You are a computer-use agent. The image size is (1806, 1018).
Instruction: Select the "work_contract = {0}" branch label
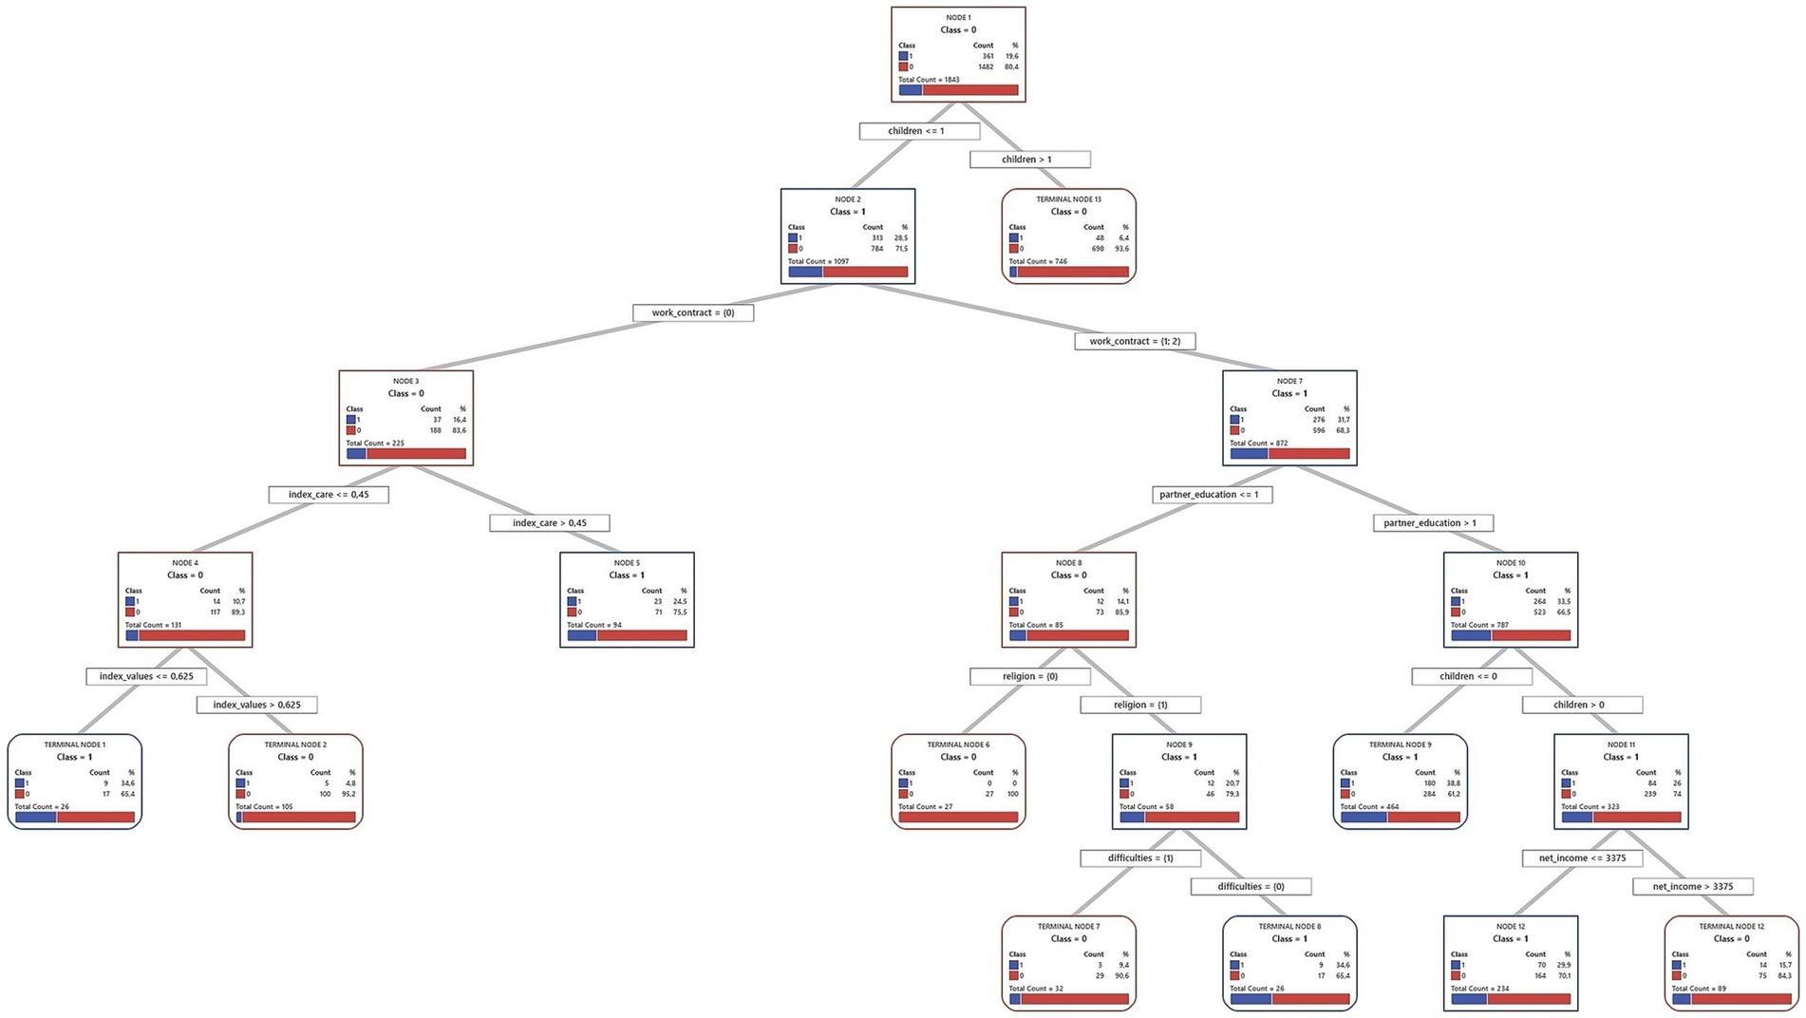(x=693, y=312)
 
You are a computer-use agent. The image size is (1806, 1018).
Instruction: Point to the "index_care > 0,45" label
(x=550, y=523)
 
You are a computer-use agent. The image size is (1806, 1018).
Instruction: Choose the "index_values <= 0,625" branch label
(x=146, y=676)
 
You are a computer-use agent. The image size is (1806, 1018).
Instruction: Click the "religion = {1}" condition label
(x=1140, y=705)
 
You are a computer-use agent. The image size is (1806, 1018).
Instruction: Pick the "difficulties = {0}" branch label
(x=1251, y=886)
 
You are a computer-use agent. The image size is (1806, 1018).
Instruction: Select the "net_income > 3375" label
(x=1692, y=886)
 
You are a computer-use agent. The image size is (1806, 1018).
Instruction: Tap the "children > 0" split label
(x=1582, y=705)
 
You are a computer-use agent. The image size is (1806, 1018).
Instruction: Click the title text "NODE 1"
(x=958, y=17)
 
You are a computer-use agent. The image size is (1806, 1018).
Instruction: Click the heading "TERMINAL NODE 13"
(x=1068, y=199)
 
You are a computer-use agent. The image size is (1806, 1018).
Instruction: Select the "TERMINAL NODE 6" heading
(x=958, y=745)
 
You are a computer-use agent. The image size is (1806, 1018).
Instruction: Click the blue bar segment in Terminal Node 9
(x=1364, y=817)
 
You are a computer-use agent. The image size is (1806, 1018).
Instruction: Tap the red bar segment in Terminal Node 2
(x=298, y=817)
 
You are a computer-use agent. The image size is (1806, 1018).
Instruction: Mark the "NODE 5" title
(x=627, y=563)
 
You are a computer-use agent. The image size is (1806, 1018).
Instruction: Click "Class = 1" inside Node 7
(x=1289, y=393)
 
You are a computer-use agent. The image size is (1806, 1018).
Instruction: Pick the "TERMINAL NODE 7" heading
(x=1068, y=926)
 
